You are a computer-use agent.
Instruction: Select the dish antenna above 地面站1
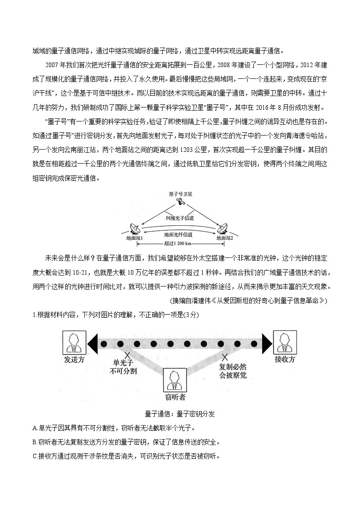pyautogui.click(x=135, y=229)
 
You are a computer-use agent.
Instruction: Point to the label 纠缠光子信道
pyautogui.click(x=180, y=218)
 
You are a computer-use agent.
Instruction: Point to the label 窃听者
pyautogui.click(x=175, y=399)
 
